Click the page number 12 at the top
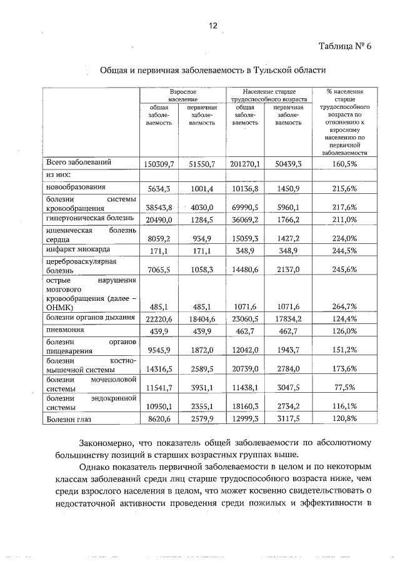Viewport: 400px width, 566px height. click(x=212, y=26)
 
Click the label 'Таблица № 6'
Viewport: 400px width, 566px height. click(x=344, y=47)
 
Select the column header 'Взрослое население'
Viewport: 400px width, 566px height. click(x=182, y=95)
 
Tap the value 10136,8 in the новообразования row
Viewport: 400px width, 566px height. click(x=245, y=188)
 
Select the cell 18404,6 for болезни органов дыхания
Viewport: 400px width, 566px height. click(x=201, y=318)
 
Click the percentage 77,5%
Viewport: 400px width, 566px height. click(x=344, y=388)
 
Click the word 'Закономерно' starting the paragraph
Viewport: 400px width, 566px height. click(x=111, y=443)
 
